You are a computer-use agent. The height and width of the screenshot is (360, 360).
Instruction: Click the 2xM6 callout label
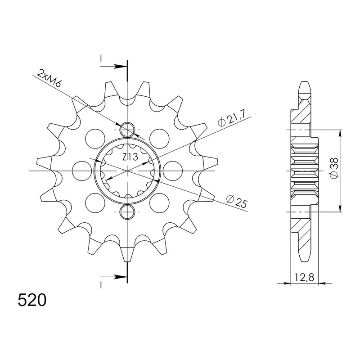[x=49, y=78]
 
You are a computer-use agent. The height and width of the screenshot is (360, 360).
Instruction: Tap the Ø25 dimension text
[x=237, y=200]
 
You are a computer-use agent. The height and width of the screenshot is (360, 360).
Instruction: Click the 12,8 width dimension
[x=305, y=278]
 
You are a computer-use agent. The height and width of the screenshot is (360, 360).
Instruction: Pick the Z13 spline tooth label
[x=130, y=157]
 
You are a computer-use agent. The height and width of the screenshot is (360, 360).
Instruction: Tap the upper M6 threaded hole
[x=127, y=130]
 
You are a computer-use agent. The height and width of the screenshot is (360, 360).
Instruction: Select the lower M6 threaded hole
[x=127, y=211]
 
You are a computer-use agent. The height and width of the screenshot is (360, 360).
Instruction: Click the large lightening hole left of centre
[x=82, y=171]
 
